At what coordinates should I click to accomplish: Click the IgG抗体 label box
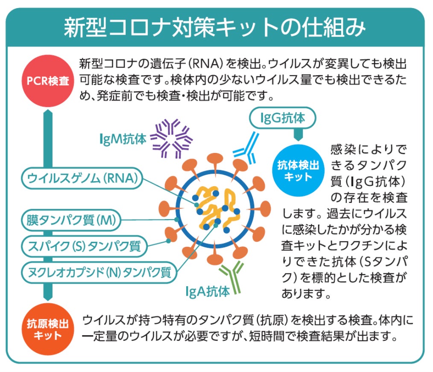283,118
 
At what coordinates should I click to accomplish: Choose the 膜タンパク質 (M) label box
70,220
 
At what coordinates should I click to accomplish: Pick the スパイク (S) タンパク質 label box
84,246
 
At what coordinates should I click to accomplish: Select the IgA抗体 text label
208,291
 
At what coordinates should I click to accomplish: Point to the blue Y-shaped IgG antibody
247,147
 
